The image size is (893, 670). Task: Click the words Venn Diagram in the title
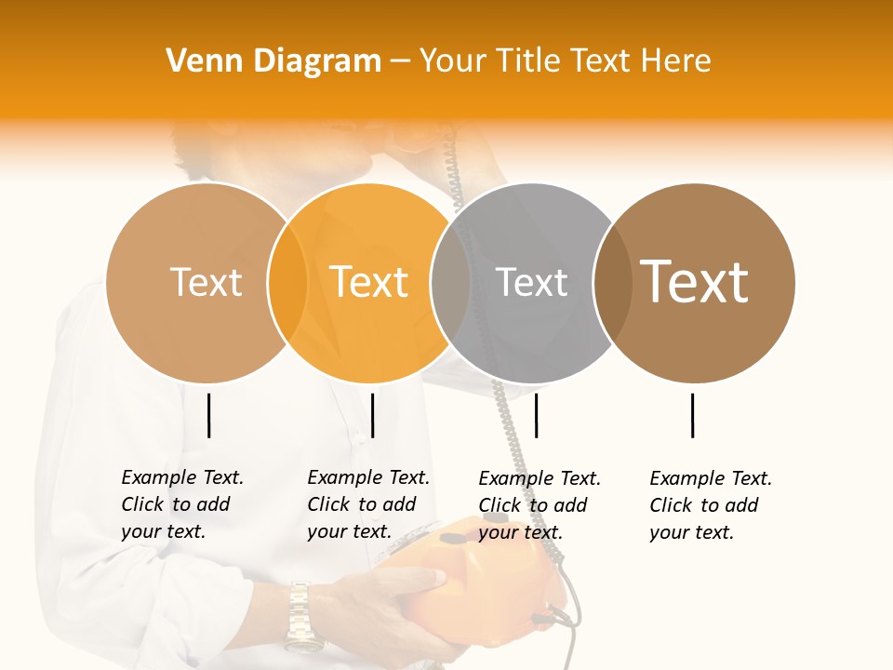pyautogui.click(x=273, y=61)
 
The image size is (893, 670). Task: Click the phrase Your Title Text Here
pyautogui.click(x=565, y=61)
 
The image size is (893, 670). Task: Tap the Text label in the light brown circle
pyautogui.click(x=206, y=282)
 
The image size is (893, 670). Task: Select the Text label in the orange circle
pyautogui.click(x=369, y=282)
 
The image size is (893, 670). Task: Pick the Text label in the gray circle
pyautogui.click(x=531, y=282)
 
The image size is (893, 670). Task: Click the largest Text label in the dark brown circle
pyautogui.click(x=694, y=281)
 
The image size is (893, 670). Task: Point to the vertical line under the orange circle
pyautogui.click(x=372, y=415)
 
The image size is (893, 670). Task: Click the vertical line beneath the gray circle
pyautogui.click(x=536, y=415)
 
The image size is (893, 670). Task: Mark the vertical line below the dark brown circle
pyautogui.click(x=693, y=415)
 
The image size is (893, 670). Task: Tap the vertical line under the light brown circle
pyautogui.click(x=208, y=415)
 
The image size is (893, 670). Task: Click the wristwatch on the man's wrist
pyautogui.click(x=300, y=614)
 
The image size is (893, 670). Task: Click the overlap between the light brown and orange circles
pyautogui.click(x=287, y=282)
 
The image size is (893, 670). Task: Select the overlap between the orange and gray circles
pyautogui.click(x=450, y=282)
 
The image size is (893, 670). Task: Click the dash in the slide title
pyautogui.click(x=400, y=61)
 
